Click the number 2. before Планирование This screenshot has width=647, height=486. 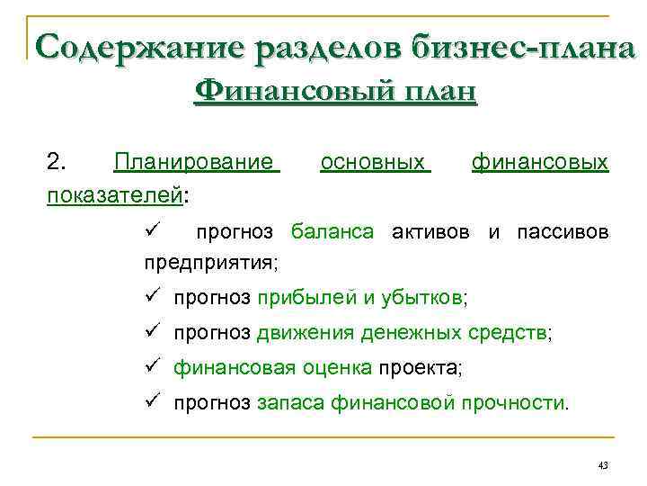56,162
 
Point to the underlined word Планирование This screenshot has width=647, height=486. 197,162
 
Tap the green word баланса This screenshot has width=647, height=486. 332,232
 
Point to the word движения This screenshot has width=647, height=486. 305,334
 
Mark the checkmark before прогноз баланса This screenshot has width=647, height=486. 152,231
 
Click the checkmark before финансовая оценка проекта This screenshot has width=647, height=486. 152,367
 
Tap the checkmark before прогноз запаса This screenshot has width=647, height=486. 152,401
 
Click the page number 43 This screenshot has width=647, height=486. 602,465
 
